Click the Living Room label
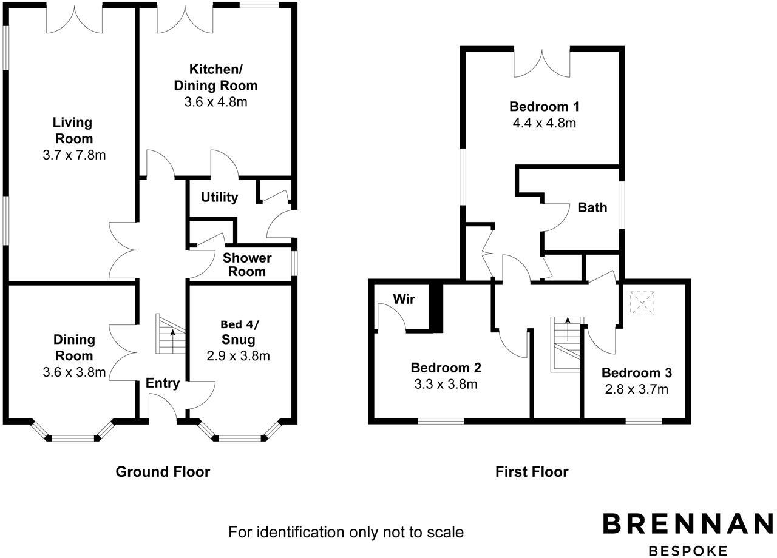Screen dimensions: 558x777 click(72, 130)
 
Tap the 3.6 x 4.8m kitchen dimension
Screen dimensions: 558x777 click(215, 102)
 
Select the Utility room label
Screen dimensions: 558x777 click(219, 197)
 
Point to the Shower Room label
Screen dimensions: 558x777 click(247, 264)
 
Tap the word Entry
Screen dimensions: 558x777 click(162, 383)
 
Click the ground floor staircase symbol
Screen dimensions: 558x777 click(169, 334)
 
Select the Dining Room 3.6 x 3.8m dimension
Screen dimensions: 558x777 click(75, 372)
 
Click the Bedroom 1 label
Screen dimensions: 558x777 click(544, 107)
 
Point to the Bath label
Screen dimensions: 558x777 click(592, 207)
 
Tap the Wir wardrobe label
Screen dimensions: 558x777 click(403, 299)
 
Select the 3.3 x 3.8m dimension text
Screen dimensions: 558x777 click(446, 384)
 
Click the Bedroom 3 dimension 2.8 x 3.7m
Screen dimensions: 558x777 click(637, 389)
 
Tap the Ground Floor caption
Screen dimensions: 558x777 click(163, 471)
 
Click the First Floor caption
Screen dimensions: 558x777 click(532, 471)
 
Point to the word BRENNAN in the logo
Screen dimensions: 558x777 click(687, 524)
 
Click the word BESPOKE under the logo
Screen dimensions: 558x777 click(688, 551)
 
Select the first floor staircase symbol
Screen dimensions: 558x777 click(565, 343)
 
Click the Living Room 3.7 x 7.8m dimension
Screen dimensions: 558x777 click(74, 155)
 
